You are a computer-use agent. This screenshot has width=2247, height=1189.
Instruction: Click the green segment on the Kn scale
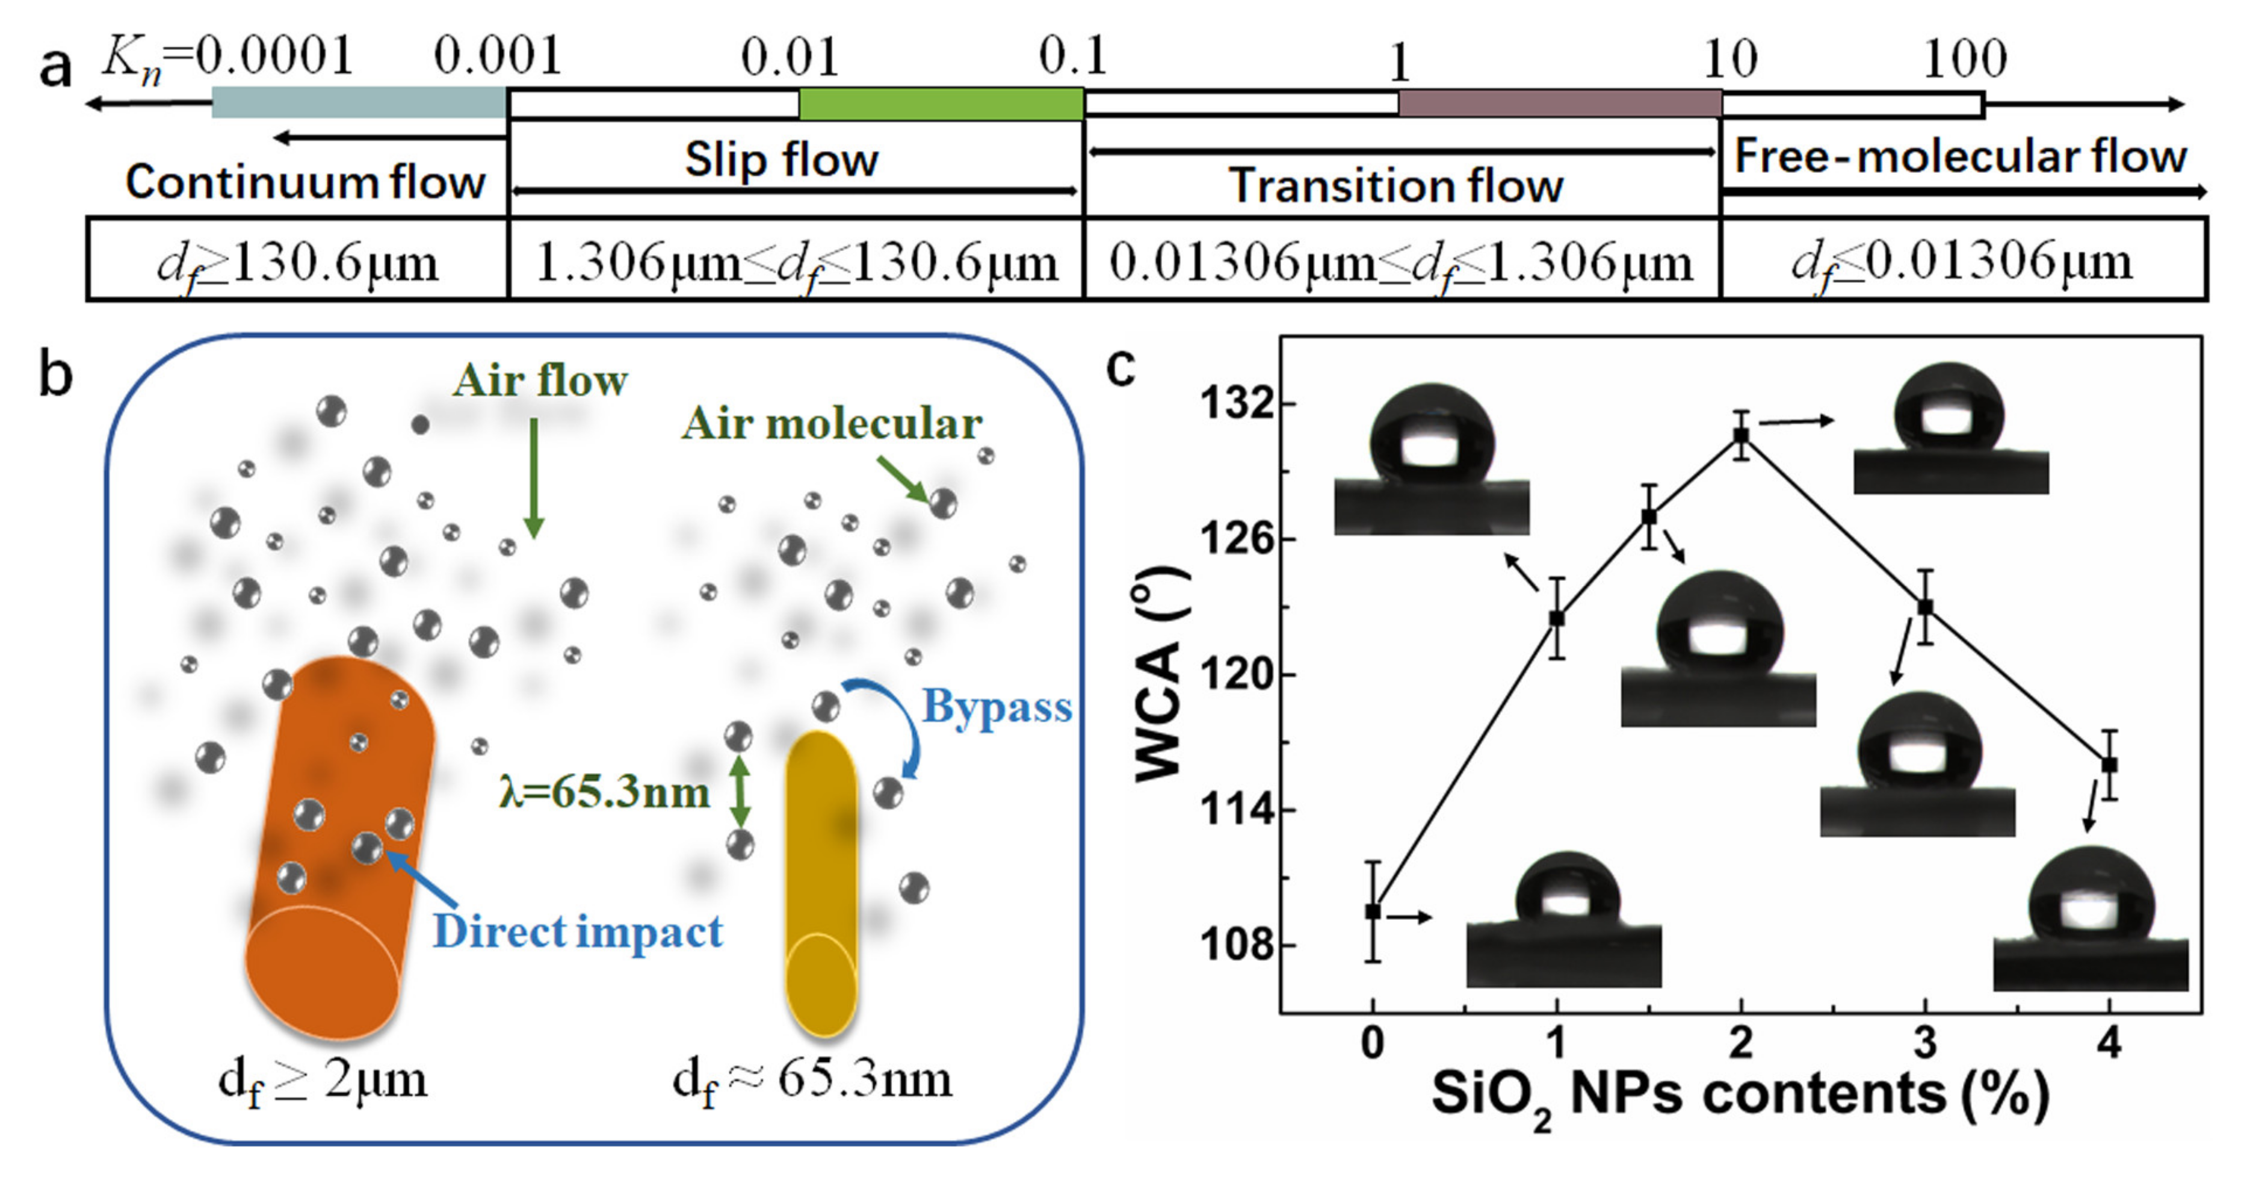click(941, 104)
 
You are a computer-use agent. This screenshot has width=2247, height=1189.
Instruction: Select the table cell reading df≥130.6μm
click(297, 261)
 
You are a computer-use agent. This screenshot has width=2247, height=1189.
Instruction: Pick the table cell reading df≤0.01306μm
click(1962, 261)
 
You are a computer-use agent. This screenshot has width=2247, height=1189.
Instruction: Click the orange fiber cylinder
click(340, 846)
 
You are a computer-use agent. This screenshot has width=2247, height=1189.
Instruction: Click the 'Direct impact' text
click(578, 932)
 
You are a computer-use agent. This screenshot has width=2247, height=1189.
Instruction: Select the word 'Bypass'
click(997, 707)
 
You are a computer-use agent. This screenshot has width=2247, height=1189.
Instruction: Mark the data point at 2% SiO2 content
click(1741, 435)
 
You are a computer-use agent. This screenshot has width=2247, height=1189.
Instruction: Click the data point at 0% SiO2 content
click(1373, 911)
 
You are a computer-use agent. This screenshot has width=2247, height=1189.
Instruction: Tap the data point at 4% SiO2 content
click(2109, 765)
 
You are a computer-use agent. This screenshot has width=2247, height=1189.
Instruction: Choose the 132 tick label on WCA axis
click(1236, 405)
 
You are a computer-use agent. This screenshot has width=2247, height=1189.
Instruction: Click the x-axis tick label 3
click(1925, 1043)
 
